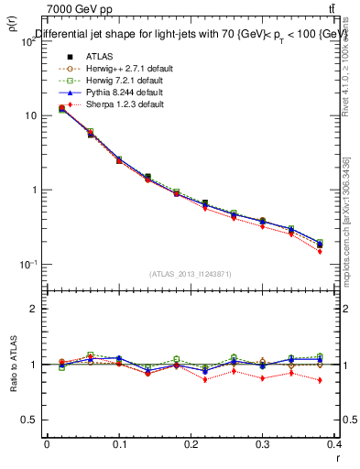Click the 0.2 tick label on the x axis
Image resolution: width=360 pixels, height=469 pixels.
point(191,444)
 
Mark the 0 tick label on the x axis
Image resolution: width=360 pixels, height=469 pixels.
point(47,444)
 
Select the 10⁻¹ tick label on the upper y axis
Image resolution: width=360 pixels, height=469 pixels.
point(27,265)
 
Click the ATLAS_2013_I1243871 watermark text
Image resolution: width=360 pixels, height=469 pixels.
point(191,274)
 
